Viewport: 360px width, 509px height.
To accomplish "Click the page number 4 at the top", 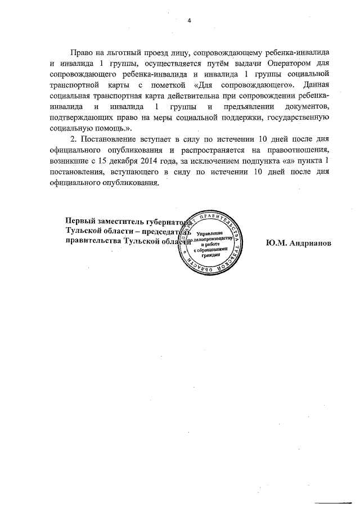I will [x=189, y=20].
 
